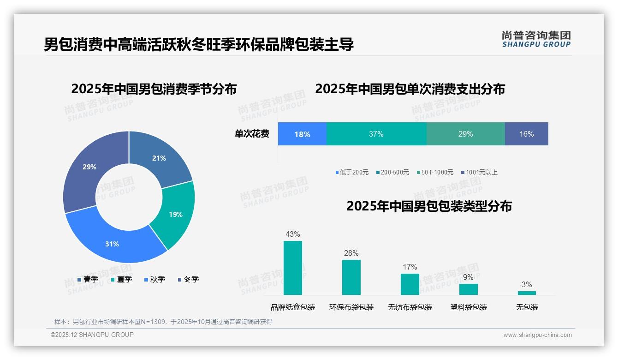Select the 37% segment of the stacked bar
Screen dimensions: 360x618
(x=376, y=134)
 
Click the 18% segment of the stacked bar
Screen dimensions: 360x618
(x=302, y=134)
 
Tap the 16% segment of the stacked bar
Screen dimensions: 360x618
(x=526, y=134)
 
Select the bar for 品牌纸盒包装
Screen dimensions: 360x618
(x=293, y=268)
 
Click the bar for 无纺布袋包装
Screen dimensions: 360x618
(x=410, y=284)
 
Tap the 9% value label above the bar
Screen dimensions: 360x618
(x=468, y=277)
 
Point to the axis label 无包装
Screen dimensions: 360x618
(x=527, y=307)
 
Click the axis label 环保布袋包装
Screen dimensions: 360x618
(x=351, y=307)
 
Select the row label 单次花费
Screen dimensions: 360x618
(x=252, y=134)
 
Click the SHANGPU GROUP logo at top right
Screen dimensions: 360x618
(x=536, y=39)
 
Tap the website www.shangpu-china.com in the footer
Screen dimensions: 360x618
(x=537, y=335)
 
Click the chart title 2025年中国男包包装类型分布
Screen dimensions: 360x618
(x=429, y=206)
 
